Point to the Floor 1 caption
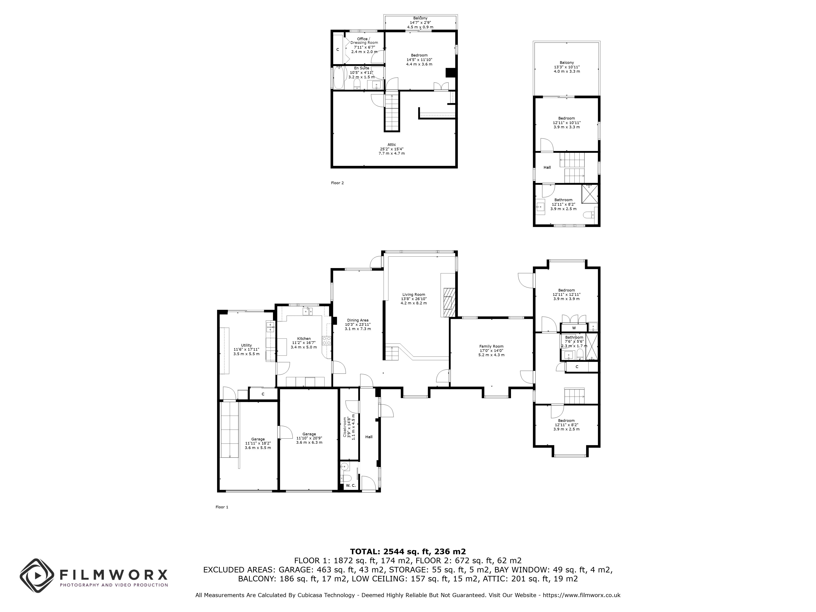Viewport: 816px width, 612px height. point(222,507)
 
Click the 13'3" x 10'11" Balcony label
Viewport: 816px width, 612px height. point(567,67)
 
